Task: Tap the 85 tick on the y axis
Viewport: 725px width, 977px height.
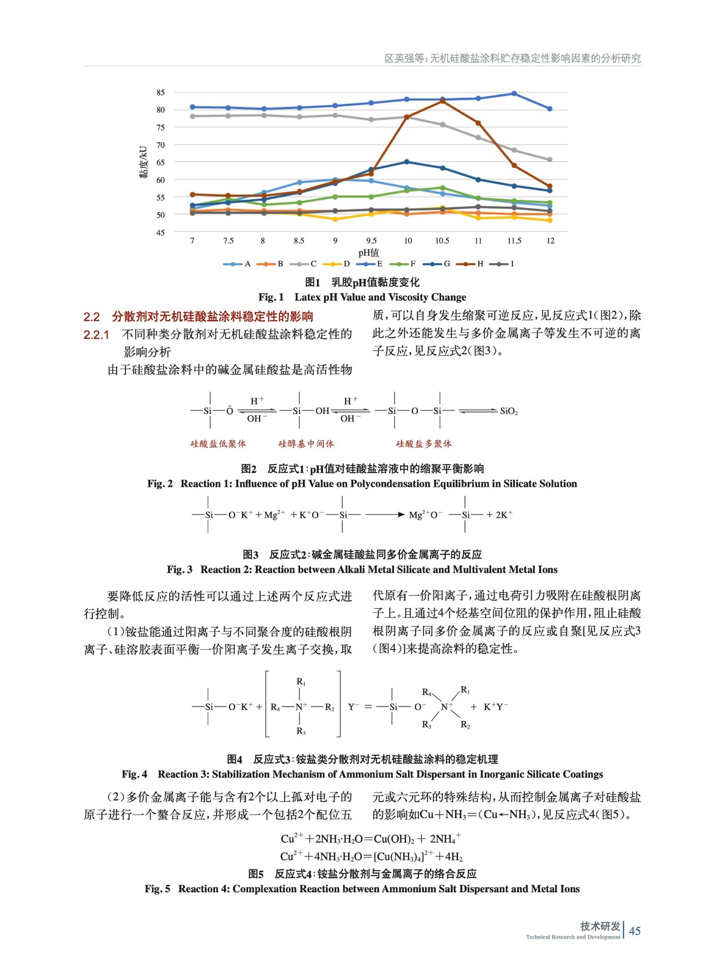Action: point(161,93)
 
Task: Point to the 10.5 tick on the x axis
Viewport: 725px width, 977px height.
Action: point(442,241)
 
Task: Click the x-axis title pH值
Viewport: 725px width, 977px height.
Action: point(368,252)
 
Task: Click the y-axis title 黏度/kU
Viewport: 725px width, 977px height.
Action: point(144,162)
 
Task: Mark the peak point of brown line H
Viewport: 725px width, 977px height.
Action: point(443,101)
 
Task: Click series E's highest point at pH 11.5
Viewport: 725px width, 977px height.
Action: point(514,93)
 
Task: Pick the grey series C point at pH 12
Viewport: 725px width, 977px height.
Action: point(550,160)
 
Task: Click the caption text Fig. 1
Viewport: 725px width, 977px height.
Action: point(271,297)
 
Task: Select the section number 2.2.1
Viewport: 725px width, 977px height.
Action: point(97,335)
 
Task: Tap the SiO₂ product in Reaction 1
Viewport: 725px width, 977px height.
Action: point(508,411)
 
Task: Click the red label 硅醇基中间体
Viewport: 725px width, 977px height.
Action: point(306,444)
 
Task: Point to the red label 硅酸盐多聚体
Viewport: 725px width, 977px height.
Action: point(424,444)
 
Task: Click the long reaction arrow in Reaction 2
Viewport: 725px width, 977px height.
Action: point(385,515)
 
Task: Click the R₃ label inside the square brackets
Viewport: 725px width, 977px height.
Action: point(301,731)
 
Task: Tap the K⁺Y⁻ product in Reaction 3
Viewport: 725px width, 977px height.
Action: point(495,707)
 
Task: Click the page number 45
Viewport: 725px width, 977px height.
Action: point(635,931)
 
